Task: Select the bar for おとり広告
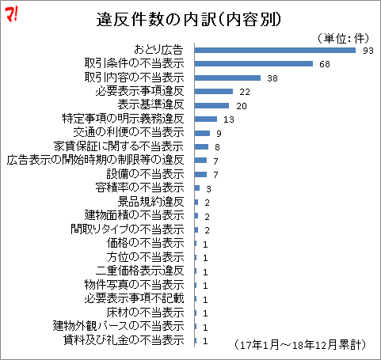[x=275, y=50]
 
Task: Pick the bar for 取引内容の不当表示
[x=227, y=78]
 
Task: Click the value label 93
[x=368, y=51]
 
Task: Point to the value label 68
[x=325, y=64]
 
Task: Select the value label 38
[x=272, y=78]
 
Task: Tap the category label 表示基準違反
[x=150, y=105]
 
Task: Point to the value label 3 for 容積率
[x=208, y=188]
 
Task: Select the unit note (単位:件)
[x=339, y=37]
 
